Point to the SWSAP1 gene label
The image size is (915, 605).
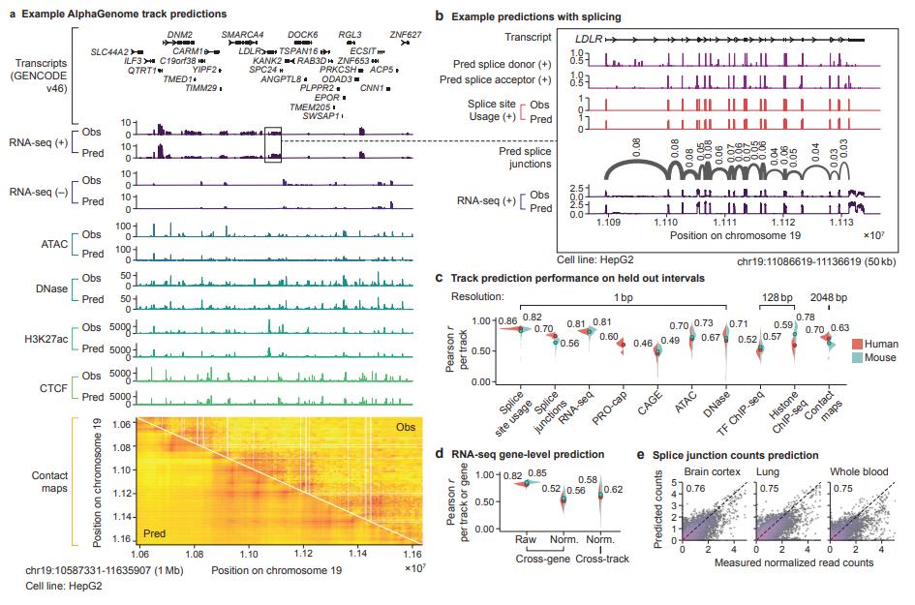320,115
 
